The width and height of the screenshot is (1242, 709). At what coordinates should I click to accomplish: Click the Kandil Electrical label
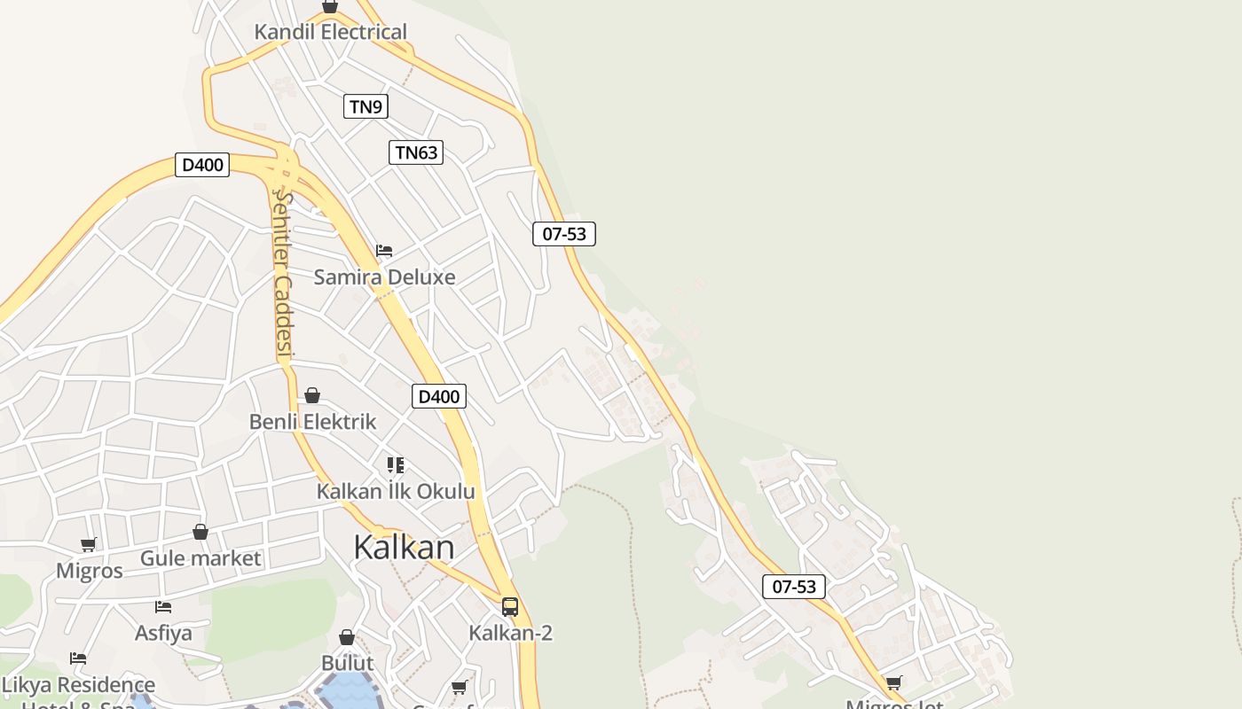[330, 32]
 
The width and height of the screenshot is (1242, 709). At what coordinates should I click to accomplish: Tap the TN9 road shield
[366, 107]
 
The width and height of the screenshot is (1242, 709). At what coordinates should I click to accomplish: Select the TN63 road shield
[416, 152]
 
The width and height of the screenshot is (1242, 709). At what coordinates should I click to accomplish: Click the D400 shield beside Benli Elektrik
[438, 396]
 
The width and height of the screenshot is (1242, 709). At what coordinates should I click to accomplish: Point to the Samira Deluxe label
[384, 277]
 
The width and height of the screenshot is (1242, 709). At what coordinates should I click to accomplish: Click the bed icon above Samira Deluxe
[384, 251]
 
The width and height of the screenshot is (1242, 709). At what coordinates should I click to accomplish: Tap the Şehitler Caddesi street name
[283, 275]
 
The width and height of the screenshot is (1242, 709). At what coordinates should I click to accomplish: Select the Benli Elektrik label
[312, 422]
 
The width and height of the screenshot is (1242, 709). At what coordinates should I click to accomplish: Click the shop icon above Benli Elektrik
[312, 395]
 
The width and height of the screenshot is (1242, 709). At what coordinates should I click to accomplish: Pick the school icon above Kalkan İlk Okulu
[396, 465]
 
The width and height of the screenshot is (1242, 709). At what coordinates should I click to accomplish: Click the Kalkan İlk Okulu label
[396, 491]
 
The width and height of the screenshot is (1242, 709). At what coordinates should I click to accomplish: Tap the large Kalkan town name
[404, 547]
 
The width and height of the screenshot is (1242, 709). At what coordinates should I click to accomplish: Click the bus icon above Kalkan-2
[510, 607]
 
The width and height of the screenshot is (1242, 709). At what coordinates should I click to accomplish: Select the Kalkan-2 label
[510, 633]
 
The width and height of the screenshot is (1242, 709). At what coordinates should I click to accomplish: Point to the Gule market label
[200, 558]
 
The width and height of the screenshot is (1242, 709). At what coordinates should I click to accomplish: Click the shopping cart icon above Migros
[88, 544]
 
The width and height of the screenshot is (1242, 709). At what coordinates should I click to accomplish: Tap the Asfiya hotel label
[163, 633]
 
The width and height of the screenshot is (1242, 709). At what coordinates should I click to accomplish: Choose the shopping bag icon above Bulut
[347, 637]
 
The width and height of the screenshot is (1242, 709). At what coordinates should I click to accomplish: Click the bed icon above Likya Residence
[78, 658]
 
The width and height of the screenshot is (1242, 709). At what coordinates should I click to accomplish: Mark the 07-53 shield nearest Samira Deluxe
[563, 234]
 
